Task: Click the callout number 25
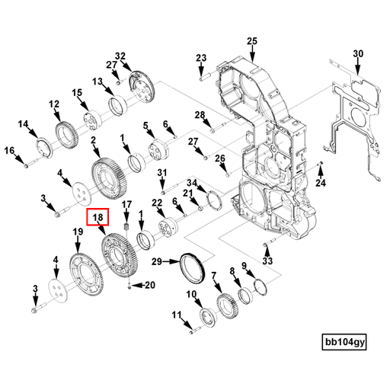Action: [253, 41]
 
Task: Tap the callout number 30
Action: [359, 53]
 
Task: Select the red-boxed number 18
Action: [98, 219]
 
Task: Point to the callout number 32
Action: [120, 56]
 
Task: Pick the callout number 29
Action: [155, 262]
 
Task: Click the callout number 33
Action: [267, 261]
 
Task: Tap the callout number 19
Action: [77, 232]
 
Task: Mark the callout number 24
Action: [321, 184]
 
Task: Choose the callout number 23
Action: [201, 58]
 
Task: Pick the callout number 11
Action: [175, 314]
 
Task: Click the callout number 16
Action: [10, 151]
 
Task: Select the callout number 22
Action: [158, 202]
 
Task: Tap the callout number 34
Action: [193, 183]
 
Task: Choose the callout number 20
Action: [149, 285]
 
